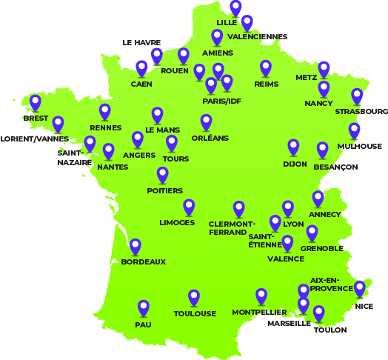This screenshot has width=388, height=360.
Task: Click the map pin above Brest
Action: click(x=35, y=102)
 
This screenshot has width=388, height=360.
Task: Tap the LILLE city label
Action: click(x=227, y=23)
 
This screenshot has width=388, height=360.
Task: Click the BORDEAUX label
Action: click(x=143, y=262)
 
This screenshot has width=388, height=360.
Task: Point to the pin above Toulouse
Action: click(x=194, y=297)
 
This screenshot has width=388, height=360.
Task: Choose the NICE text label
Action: click(x=364, y=306)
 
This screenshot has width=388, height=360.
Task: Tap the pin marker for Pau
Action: click(x=144, y=307)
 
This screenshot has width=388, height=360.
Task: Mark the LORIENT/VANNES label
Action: click(x=35, y=139)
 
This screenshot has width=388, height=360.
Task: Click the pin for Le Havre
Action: click(x=157, y=56)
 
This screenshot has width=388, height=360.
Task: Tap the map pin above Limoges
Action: click(x=189, y=207)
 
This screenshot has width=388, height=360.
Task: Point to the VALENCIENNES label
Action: click(x=258, y=36)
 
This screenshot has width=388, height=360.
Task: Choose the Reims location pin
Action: click(x=266, y=68)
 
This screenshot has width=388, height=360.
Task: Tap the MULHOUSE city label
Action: click(x=359, y=147)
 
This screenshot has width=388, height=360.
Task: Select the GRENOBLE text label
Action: click(x=322, y=249)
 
